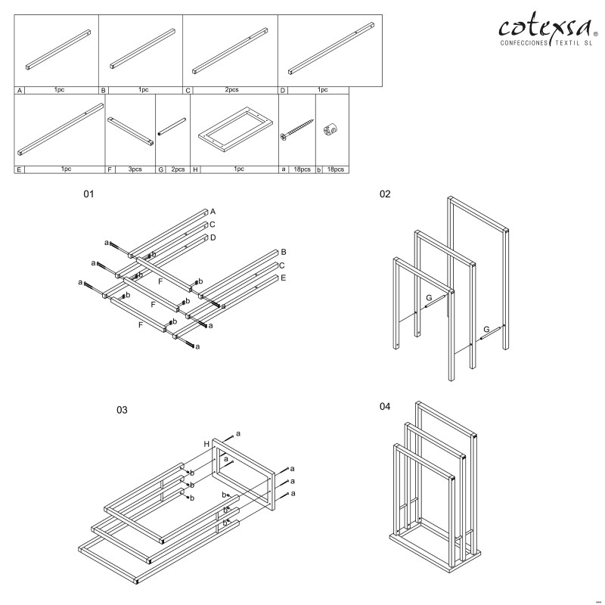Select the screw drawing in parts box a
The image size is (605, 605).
click(x=298, y=130)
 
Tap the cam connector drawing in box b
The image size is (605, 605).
click(x=330, y=129)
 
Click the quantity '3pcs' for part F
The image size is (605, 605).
click(x=135, y=169)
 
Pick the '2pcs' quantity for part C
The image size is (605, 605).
click(x=231, y=90)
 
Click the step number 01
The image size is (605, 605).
click(x=88, y=194)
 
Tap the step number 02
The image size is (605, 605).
click(x=385, y=194)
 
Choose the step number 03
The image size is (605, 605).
click(x=122, y=411)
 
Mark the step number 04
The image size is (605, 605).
click(x=385, y=407)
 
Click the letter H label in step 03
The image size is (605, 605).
click(x=206, y=444)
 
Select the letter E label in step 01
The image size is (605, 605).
click(x=282, y=278)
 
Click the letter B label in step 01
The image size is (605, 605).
click(x=283, y=251)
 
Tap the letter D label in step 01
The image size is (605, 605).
click(x=213, y=237)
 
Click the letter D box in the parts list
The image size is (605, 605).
click(x=282, y=90)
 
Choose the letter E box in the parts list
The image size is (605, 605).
click(x=19, y=169)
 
